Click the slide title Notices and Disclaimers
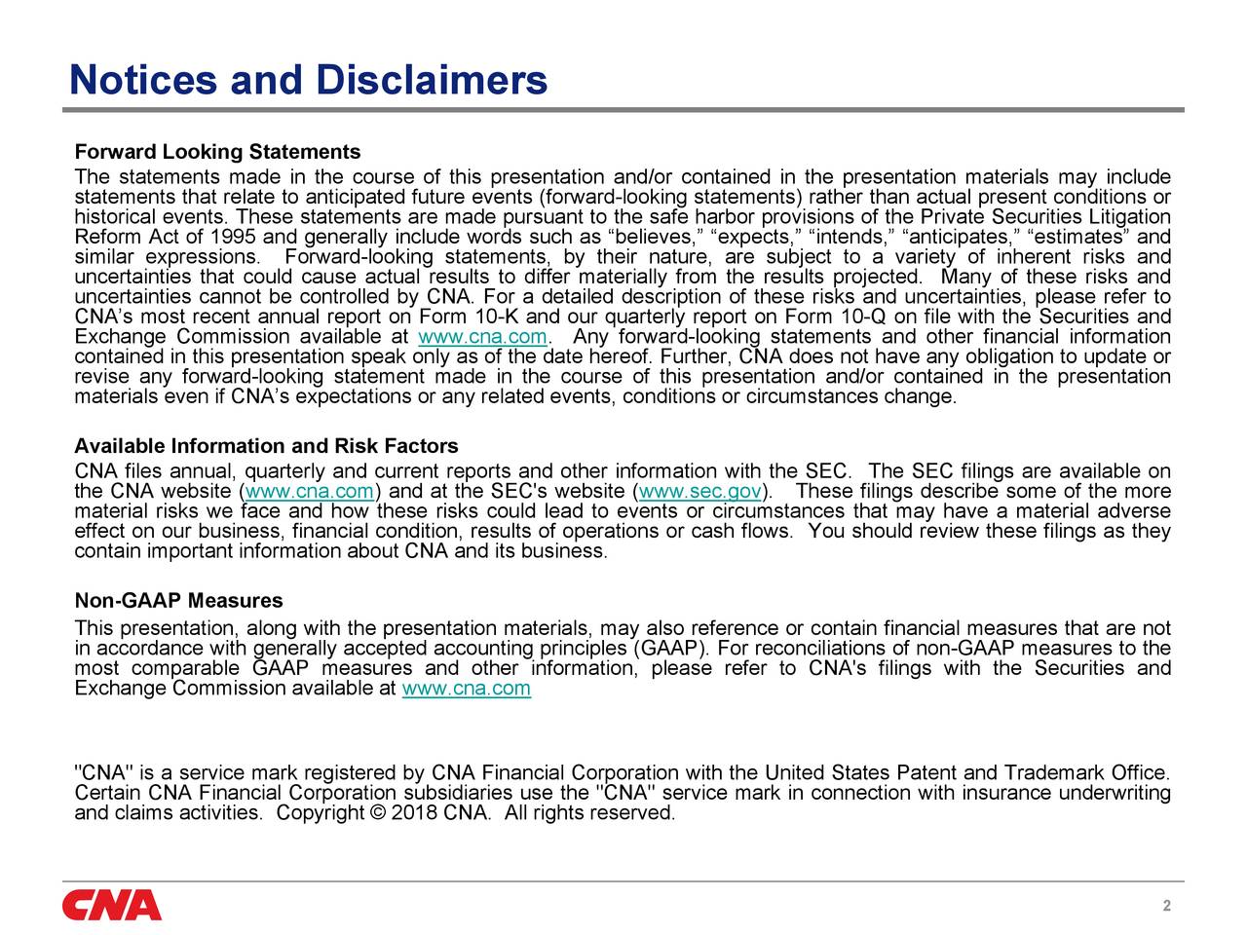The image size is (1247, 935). click(308, 80)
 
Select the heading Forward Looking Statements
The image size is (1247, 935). click(217, 153)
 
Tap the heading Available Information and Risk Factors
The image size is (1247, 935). click(266, 447)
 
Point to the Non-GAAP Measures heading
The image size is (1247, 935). click(178, 601)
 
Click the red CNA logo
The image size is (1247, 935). click(112, 905)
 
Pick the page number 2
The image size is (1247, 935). click(1166, 907)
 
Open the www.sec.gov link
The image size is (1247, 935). click(700, 492)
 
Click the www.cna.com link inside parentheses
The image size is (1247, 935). click(310, 492)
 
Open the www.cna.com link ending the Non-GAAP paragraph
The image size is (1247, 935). click(466, 690)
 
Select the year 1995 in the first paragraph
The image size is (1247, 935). click(234, 238)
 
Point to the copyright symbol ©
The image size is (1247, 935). click(378, 813)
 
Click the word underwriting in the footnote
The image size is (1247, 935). click(1115, 794)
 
